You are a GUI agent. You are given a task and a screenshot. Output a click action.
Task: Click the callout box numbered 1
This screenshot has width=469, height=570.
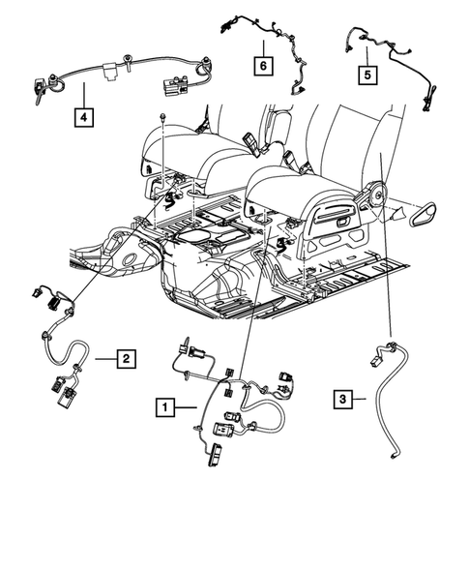click(x=168, y=407)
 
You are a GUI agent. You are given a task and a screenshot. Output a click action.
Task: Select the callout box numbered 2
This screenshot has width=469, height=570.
click(x=125, y=359)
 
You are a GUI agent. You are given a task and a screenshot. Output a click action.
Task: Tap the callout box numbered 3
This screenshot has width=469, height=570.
click(x=342, y=397)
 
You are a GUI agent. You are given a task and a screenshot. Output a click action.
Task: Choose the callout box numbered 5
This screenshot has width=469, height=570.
click(x=366, y=74)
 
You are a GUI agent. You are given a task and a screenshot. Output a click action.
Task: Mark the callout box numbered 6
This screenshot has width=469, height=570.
click(x=263, y=66)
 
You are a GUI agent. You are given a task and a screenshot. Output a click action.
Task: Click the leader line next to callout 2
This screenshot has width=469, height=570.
click(x=102, y=359)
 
